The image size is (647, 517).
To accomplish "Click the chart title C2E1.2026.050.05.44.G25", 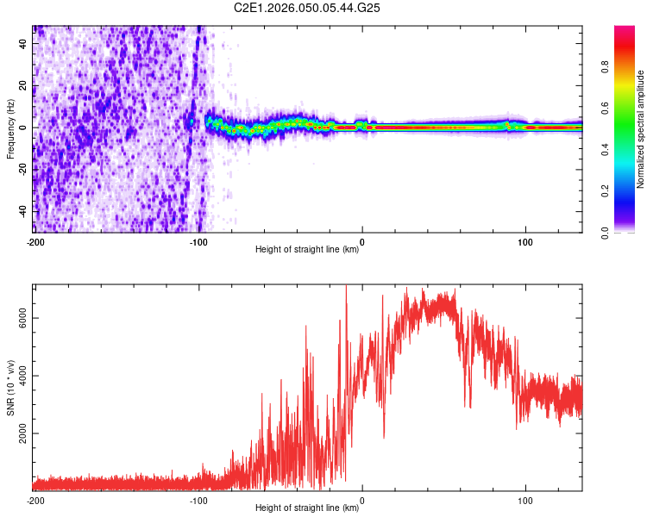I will click(x=308, y=8).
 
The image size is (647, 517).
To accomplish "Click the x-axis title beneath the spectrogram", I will click(x=307, y=250).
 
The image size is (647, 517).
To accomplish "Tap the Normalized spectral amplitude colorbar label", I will click(x=641, y=129).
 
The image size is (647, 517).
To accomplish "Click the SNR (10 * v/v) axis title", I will click(x=10, y=387).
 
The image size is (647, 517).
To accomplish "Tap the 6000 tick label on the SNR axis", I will click(x=19, y=318).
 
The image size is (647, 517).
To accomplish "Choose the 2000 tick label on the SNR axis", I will click(x=19, y=433).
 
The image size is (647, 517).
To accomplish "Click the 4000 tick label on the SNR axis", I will click(x=19, y=376).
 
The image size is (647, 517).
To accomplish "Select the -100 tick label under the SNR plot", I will click(x=198, y=501).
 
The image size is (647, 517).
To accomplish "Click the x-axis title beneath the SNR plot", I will click(x=307, y=508).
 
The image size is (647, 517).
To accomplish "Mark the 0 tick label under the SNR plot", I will click(x=362, y=501).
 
